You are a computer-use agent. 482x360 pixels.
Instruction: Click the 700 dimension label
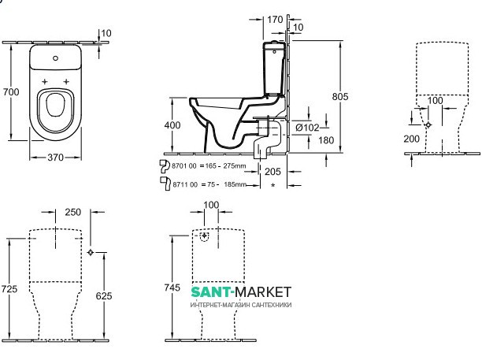pyautogui.click(x=10, y=93)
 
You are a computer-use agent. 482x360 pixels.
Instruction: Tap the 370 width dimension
pyautogui.click(x=55, y=158)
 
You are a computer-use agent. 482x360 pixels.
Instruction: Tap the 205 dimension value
pyautogui.click(x=273, y=171)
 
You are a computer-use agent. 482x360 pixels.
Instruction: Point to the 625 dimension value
pyautogui.click(x=102, y=296)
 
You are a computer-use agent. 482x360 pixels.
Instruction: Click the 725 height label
pyautogui.click(x=9, y=290)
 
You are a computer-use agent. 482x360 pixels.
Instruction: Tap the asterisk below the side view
pyautogui.click(x=273, y=184)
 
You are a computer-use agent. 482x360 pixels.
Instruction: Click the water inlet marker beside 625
pyautogui.click(x=92, y=252)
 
